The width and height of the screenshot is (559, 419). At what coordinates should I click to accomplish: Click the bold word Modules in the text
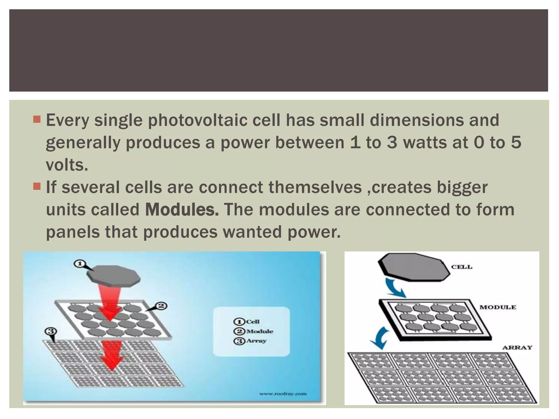coord(182,210)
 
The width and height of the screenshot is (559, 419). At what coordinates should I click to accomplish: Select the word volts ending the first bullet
coord(67,165)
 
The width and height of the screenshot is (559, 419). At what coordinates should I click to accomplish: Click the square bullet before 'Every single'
coord(37,119)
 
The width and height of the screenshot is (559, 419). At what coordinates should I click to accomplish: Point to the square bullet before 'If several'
coord(37,187)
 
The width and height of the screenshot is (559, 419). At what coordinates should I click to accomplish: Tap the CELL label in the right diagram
coord(462,267)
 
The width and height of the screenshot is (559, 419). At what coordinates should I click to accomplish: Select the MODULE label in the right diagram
coord(498,307)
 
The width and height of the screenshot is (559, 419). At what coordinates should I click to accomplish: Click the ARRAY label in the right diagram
coord(517,348)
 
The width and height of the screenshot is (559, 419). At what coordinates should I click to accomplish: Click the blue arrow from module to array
coord(380,338)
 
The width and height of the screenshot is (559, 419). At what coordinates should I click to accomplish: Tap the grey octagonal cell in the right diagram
coord(414,267)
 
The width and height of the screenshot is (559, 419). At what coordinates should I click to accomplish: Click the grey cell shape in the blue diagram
coord(114,276)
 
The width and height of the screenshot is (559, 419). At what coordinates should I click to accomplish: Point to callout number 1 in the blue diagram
coord(80,264)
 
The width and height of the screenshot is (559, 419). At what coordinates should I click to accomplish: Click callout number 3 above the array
coord(50,331)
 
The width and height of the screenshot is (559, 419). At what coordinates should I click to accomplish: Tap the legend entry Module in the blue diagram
coord(259,331)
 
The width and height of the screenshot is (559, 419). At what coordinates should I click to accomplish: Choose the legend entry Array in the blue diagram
coord(256,341)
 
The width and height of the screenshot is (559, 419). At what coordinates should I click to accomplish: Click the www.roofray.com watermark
coord(283,394)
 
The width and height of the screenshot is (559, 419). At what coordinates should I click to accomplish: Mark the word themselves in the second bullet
coord(315,187)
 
